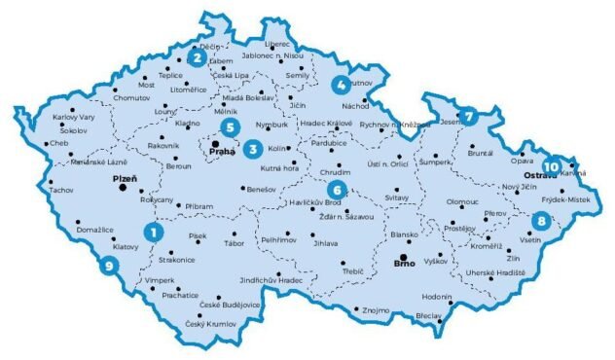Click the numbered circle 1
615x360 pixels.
[152, 232]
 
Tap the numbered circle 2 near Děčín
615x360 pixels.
[196, 56]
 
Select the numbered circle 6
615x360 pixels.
[336, 189]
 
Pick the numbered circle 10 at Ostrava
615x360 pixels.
[553, 164]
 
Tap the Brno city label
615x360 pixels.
[402, 263]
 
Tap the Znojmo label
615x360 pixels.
[376, 309]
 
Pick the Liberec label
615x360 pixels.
[277, 45]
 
